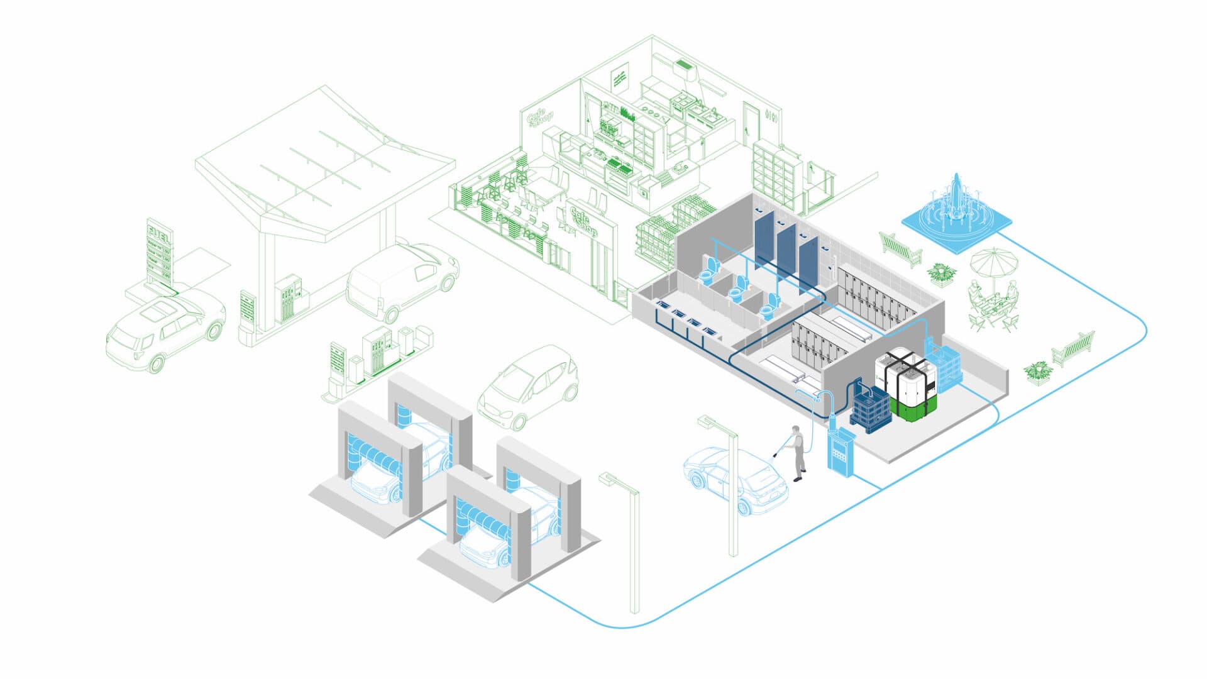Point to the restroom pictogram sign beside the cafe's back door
(773, 118)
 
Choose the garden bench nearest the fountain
(900, 248)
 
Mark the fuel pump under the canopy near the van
(289, 298)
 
